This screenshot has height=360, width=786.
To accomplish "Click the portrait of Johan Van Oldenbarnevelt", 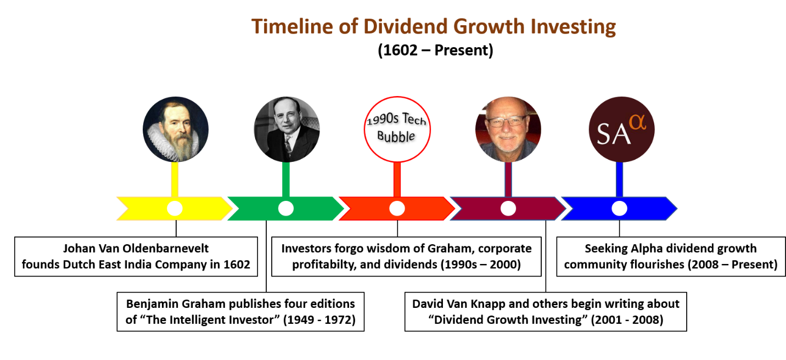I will (x=175, y=130).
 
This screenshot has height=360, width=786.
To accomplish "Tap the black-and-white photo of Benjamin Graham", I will (x=287, y=130).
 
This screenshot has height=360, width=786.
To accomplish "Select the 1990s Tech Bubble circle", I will (x=397, y=130).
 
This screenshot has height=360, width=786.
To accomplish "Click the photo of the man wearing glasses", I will (x=508, y=130).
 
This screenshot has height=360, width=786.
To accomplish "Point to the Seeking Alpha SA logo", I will (x=621, y=130).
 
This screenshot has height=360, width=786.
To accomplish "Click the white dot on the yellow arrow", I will (x=175, y=209).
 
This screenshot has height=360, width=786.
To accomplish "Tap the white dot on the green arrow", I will (x=286, y=209).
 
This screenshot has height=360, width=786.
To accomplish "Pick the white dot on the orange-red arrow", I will (x=397, y=209).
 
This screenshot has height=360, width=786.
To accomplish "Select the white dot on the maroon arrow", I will (x=508, y=209).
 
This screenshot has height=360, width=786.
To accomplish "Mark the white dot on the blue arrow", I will (x=619, y=209).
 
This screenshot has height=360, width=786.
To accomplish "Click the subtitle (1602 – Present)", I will (x=435, y=50).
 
